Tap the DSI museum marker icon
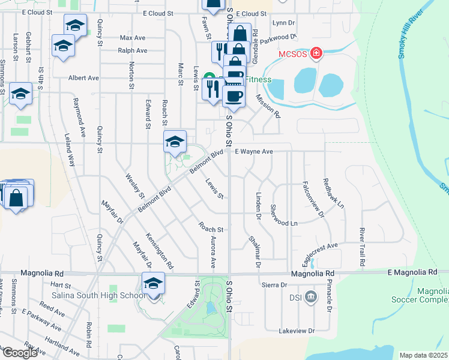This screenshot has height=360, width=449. click(311, 296)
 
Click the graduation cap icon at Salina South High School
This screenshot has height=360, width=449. click(153, 283)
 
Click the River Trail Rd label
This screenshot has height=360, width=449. click(363, 247)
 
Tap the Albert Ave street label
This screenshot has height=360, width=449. click(83, 78)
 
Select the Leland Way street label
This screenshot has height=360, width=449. click(71, 150)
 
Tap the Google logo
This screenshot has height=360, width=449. click(20, 353)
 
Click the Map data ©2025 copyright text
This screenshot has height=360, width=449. click(423, 355)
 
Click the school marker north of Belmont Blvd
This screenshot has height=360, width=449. click(175, 142)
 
